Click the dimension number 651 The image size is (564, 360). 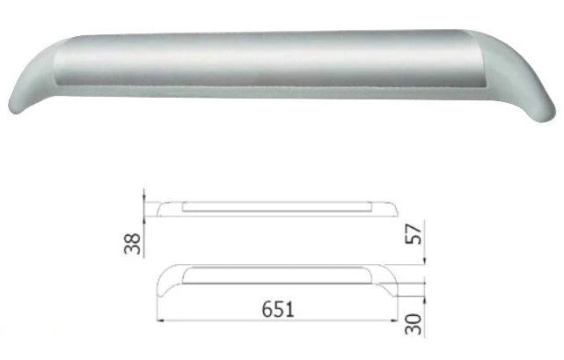(278, 309)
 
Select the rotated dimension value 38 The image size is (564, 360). (132, 244)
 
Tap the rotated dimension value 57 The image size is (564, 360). (414, 234)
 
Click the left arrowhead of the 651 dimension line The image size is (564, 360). (160, 320)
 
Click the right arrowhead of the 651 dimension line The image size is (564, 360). (394, 320)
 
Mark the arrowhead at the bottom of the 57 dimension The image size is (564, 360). (425, 261)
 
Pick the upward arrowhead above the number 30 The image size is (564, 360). (425, 299)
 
